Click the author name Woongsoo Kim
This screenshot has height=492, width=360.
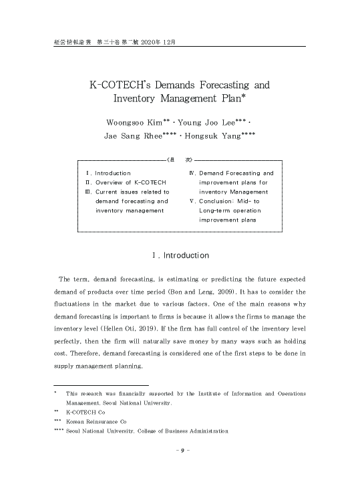point(134,123)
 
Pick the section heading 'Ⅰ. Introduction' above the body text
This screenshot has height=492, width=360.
point(180,256)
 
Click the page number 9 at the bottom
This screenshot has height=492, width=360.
point(180,450)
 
